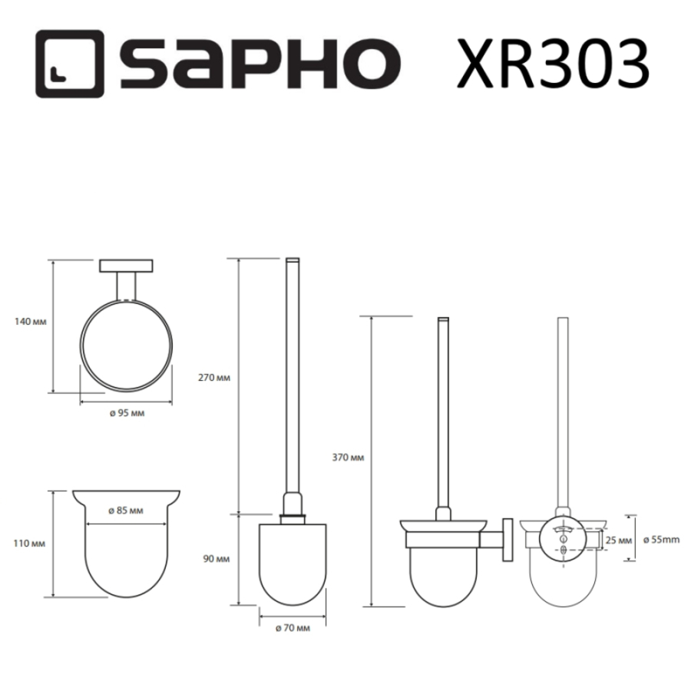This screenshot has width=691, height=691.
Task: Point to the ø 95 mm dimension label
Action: pyautogui.click(x=126, y=413)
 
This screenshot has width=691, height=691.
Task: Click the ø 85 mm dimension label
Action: pyautogui.click(x=126, y=511)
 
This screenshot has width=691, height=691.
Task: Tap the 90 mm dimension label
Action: pyautogui.click(x=220, y=559)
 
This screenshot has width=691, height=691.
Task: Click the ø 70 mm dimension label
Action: pyautogui.click(x=293, y=628)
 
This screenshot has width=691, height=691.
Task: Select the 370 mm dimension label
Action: pyautogui.click(x=350, y=458)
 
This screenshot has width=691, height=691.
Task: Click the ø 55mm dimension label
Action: pyautogui.click(x=662, y=540)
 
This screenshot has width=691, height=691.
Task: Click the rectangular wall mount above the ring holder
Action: pyautogui.click(x=126, y=266)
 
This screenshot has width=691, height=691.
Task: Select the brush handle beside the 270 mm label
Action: pyautogui.click(x=293, y=384)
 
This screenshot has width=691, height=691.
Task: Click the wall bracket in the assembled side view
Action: pyautogui.click(x=508, y=542)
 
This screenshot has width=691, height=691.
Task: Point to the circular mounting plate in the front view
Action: pyautogui.click(x=564, y=540)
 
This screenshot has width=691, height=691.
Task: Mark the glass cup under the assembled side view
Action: pyautogui.click(x=443, y=576)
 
